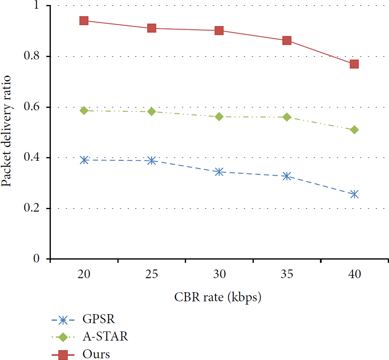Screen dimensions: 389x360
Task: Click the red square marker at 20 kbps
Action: (84, 21)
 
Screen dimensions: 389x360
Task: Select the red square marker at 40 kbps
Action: (354, 64)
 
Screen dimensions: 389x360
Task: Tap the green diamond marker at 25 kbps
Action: (152, 112)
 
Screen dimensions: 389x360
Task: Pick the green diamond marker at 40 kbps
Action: (354, 130)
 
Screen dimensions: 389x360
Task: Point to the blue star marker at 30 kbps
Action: (219, 172)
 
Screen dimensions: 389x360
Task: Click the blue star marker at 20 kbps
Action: (84, 160)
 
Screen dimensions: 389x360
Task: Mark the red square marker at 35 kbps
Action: (287, 41)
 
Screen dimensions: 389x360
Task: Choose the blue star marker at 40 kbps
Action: (354, 194)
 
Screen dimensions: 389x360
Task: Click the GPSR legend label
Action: (99, 319)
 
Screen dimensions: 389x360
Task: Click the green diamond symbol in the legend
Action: (63, 337)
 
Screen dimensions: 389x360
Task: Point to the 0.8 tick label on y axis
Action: (31, 55)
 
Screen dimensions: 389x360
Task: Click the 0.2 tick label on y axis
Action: (31, 207)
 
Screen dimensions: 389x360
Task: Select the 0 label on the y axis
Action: (36, 258)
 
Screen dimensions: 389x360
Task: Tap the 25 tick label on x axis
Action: (152, 274)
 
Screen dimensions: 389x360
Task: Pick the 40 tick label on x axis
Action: (355, 274)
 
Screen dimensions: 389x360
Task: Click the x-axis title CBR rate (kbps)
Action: (218, 297)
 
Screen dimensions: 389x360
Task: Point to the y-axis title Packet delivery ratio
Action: (6, 131)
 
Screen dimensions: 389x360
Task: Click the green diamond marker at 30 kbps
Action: (219, 117)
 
